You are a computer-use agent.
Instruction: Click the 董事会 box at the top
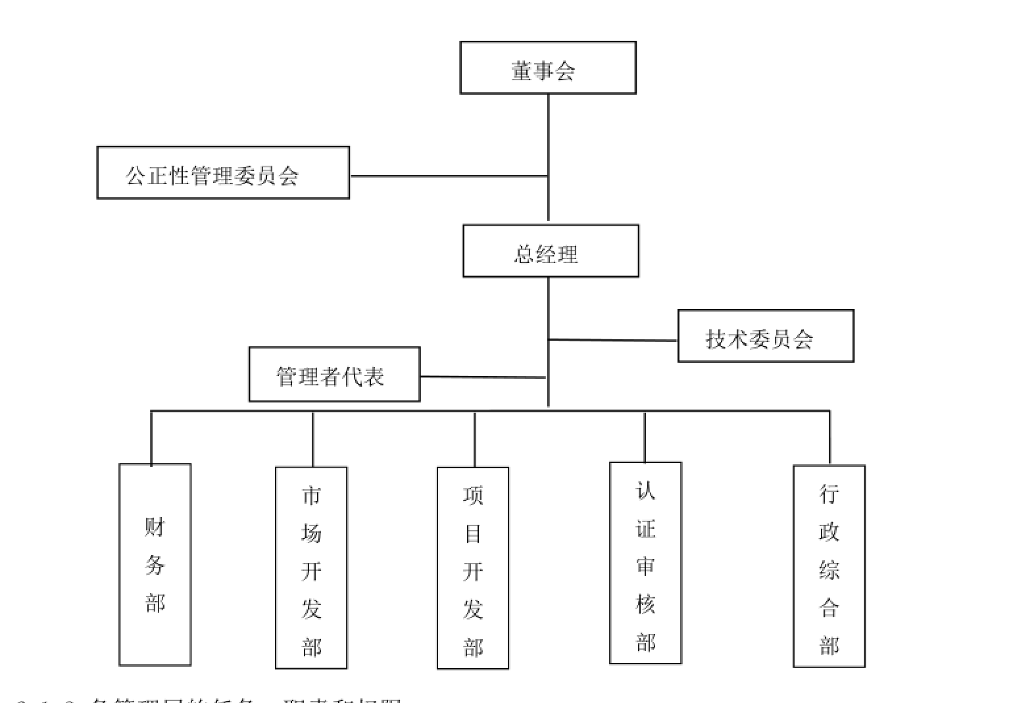coord(547,68)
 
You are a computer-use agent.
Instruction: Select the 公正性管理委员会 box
coord(223,173)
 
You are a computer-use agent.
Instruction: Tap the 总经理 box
coord(551,251)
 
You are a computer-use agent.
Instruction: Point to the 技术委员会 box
coord(766,336)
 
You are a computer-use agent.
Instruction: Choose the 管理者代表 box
coord(334,374)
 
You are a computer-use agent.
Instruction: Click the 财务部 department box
coord(155,564)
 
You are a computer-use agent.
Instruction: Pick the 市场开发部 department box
coord(311,568)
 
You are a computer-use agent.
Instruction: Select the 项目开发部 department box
coord(473,568)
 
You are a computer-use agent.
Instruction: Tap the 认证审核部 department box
coord(645,563)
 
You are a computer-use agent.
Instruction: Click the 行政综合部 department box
coord(829,566)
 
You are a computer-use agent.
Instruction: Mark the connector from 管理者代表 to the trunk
coord(482,377)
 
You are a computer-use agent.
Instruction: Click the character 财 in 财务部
coord(155,527)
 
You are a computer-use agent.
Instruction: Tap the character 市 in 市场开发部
coord(311,495)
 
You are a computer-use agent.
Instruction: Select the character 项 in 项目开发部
coord(473,495)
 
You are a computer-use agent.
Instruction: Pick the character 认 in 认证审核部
coord(645,491)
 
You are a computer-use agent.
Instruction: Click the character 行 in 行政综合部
coord(829,493)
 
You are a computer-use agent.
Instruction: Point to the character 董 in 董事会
coord(521,70)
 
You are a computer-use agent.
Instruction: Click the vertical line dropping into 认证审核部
coord(645,437)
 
